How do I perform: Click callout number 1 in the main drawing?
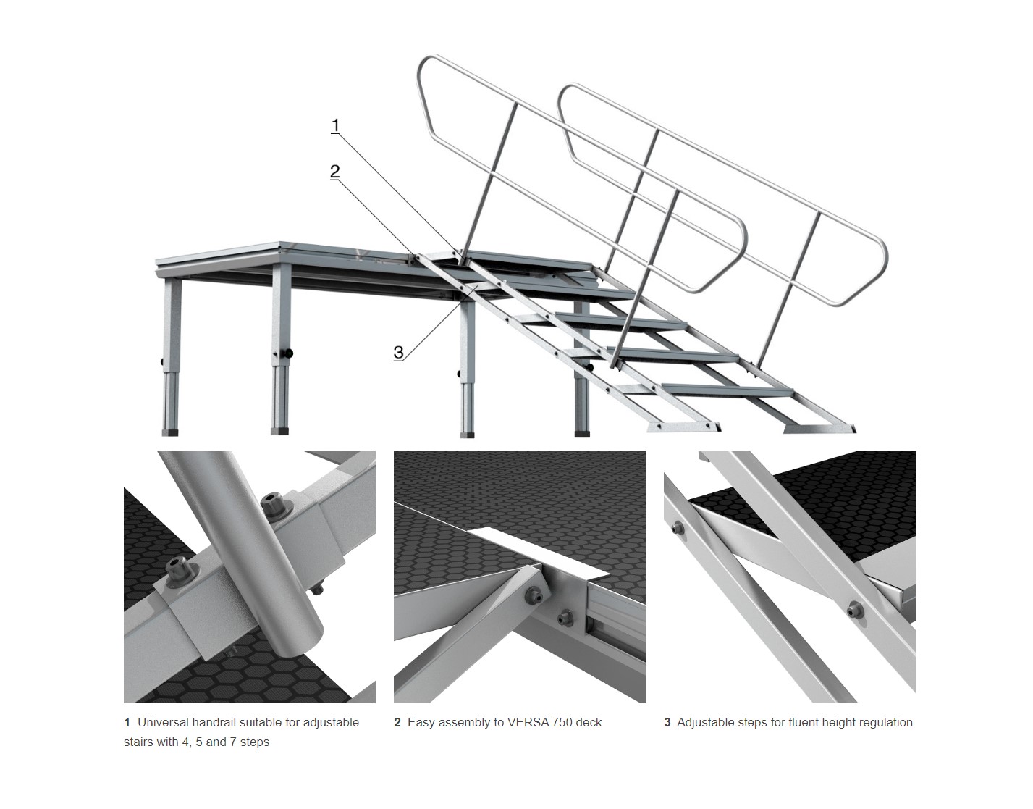(336, 125)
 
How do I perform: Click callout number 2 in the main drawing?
(334, 171)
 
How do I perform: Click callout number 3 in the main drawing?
(398, 353)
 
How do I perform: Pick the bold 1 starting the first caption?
(127, 722)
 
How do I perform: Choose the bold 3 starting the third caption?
(667, 722)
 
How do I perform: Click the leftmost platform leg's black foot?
(170, 432)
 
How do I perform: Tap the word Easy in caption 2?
(421, 723)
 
